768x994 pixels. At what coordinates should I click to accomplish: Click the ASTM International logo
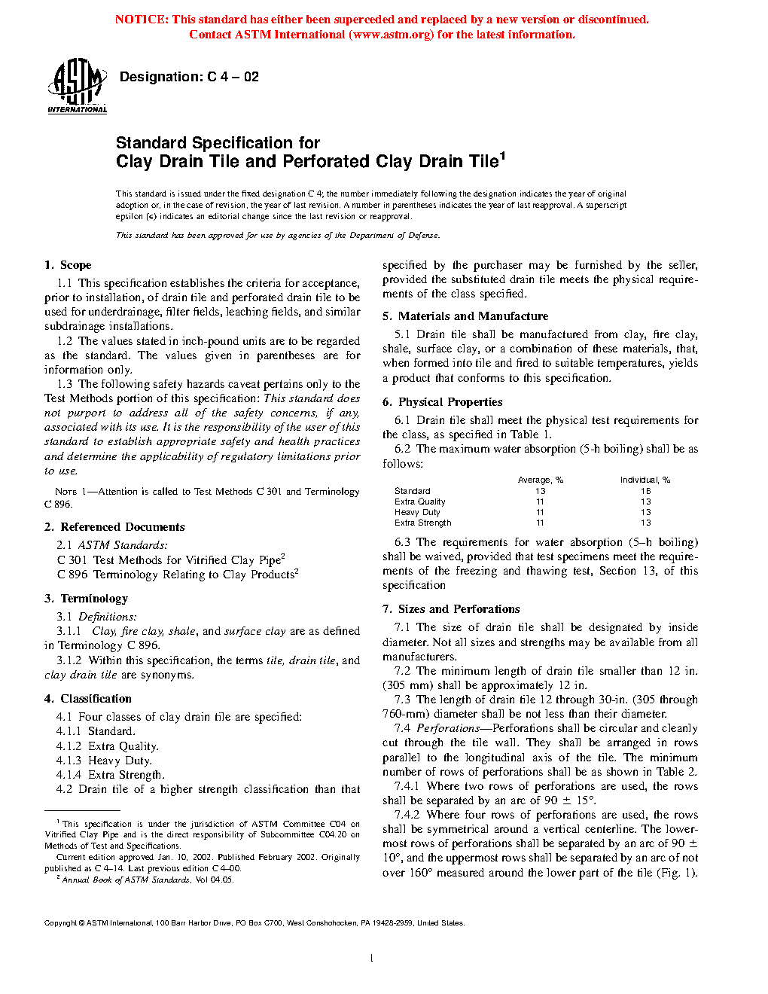tap(77, 86)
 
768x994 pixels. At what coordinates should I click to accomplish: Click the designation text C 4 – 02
tap(189, 77)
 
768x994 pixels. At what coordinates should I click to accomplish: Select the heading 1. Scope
tap(68, 265)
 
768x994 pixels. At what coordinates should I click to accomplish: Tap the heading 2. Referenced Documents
tap(114, 527)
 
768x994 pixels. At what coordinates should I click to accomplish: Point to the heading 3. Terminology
tap(86, 599)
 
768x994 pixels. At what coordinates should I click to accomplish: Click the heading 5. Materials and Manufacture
tap(465, 316)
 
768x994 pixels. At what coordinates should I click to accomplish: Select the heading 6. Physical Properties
tap(443, 402)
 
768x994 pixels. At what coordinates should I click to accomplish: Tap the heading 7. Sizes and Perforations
tap(451, 609)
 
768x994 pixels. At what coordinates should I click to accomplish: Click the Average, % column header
tap(541, 480)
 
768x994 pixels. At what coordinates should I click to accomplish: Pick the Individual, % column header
tap(645, 480)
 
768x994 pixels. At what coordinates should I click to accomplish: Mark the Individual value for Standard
tap(646, 491)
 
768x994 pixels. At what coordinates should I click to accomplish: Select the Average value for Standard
tap(541, 491)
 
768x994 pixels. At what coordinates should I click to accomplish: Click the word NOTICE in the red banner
tap(142, 20)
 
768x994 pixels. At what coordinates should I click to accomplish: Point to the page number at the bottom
tap(372, 959)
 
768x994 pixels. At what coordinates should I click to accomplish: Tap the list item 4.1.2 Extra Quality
tap(107, 746)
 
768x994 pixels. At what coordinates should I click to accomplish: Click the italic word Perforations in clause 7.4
tap(448, 728)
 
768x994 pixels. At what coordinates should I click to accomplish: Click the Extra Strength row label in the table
tap(423, 523)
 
